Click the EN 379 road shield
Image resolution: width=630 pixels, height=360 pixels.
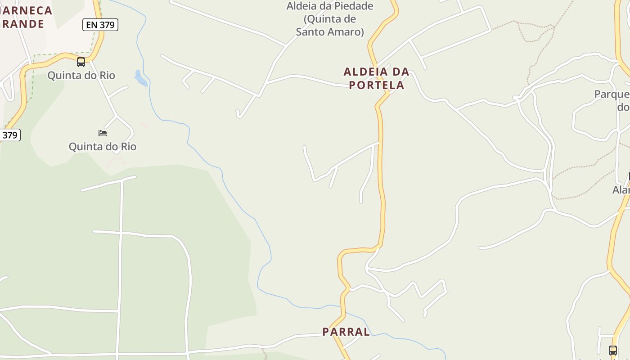[x=100, y=25]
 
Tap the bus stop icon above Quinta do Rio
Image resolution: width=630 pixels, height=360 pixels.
[x=81, y=62]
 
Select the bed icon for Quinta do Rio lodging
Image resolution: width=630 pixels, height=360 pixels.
[x=103, y=133]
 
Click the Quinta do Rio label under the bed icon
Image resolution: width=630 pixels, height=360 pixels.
[x=102, y=147]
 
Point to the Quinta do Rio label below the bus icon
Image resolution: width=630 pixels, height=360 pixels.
[x=81, y=75]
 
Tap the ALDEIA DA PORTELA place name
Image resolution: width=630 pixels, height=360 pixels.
[x=376, y=78]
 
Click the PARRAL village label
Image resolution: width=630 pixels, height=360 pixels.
[x=346, y=332]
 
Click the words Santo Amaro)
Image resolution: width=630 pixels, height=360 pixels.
[x=330, y=32]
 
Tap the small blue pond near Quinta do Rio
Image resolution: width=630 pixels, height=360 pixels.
[x=140, y=78]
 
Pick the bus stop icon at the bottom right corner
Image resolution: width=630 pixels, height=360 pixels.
[x=612, y=350]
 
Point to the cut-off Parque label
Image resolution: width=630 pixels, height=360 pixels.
[x=612, y=94]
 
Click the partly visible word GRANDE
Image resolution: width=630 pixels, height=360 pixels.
[x=22, y=24]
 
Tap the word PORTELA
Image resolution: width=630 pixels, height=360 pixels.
[x=376, y=85]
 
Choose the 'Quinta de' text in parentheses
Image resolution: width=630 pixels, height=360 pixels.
[x=330, y=19]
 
